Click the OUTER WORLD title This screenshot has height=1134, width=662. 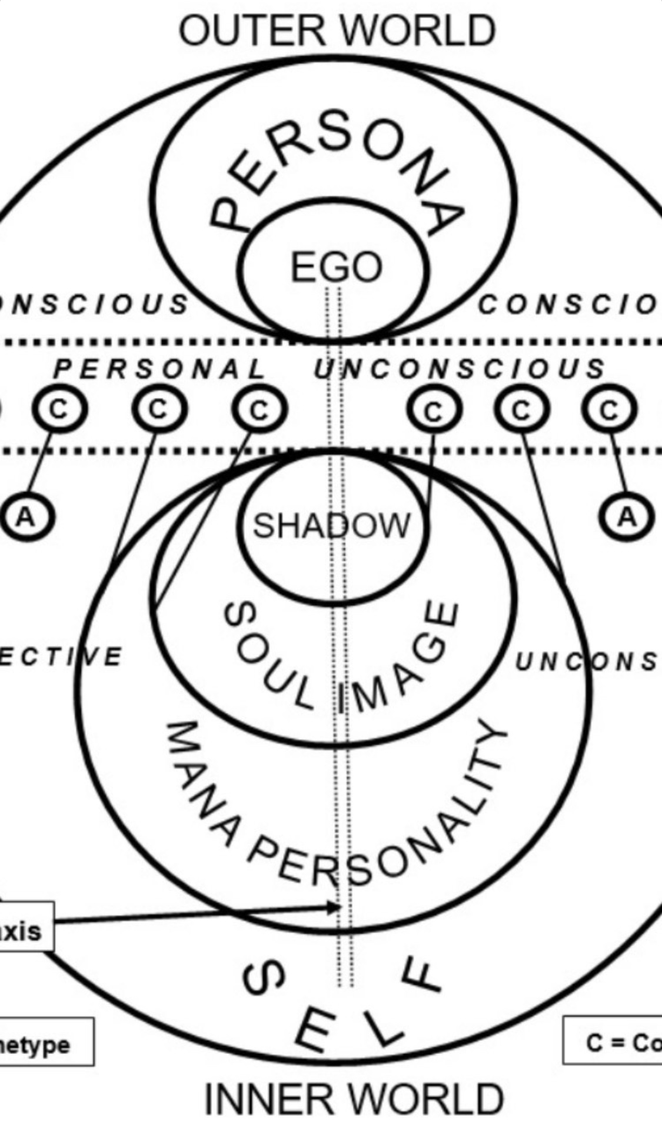337,31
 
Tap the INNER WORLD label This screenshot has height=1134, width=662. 354,1099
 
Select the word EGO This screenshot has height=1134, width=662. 336,266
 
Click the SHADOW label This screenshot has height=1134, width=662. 331,525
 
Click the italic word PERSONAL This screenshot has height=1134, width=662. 159,369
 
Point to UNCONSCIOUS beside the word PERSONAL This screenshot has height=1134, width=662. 459,369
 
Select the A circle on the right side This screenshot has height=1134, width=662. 627,518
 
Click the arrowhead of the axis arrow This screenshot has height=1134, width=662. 335,907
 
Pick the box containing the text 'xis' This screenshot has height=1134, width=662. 26,926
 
